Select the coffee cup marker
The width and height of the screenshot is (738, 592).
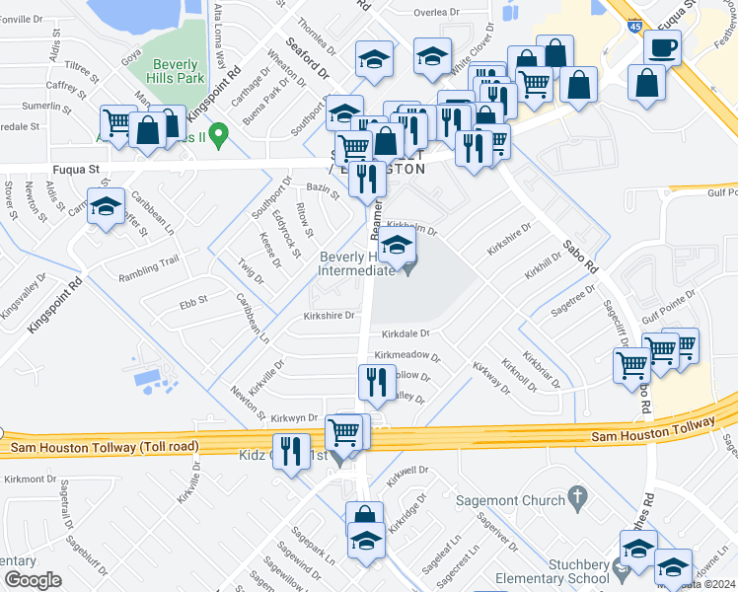pos(662,47)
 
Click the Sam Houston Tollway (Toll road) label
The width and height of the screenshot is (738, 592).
pos(104,448)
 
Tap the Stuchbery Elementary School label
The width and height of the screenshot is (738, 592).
pos(564,570)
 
